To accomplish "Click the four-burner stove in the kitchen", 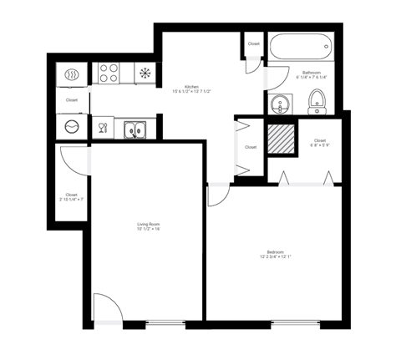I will [x=108, y=73].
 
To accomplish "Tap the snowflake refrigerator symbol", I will [x=145, y=73].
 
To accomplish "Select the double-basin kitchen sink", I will [x=134, y=129].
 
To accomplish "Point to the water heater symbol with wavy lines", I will [x=71, y=74].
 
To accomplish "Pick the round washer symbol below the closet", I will [x=71, y=128].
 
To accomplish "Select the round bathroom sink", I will [x=279, y=104].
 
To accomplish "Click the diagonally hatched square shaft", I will [x=281, y=136].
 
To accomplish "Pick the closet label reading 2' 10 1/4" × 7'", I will [x=71, y=197].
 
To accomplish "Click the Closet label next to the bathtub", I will [x=253, y=43].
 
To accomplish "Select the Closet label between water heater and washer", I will [x=72, y=100].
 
